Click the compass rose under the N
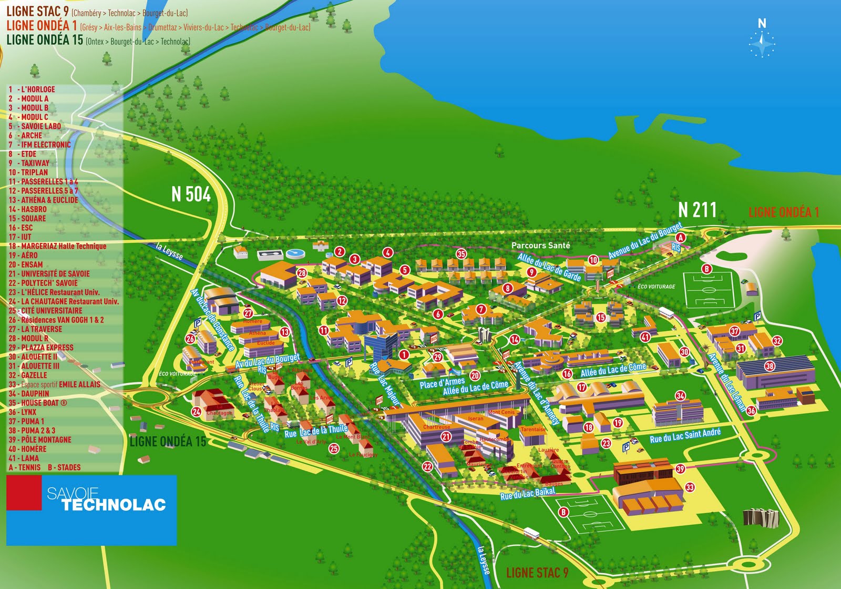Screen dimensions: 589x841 coord(762,44)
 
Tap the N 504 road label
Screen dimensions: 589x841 coord(191,194)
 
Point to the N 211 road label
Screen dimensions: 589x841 coord(697,209)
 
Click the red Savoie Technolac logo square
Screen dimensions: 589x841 coord(24,493)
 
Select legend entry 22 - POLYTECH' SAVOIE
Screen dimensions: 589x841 coord(43,283)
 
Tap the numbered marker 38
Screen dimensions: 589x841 coord(770,366)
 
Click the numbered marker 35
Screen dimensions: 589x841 coord(461,253)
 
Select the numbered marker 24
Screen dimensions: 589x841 coord(196,412)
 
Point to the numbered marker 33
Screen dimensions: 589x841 coord(690,487)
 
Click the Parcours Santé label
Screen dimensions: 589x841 coord(540,245)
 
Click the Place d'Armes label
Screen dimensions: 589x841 coord(442,382)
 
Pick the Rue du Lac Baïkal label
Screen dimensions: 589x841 coord(527,493)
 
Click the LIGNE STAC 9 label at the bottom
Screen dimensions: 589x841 coord(537,573)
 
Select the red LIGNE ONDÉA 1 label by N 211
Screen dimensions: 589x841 coord(783,212)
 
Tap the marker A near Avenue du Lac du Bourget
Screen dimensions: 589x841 coord(680,237)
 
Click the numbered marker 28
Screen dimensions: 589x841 coord(302,272)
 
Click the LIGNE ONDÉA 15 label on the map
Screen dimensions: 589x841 coord(168,441)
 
